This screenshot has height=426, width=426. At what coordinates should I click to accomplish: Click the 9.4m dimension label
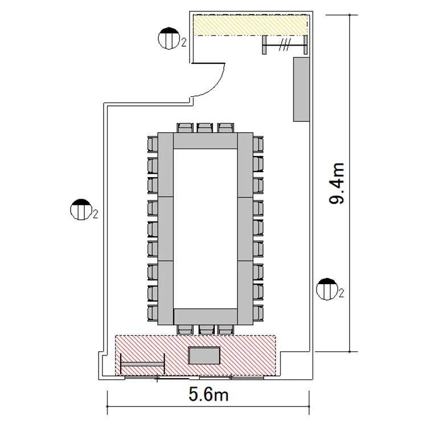pyautogui.click(x=337, y=183)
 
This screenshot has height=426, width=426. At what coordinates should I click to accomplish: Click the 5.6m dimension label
pyautogui.click(x=208, y=395)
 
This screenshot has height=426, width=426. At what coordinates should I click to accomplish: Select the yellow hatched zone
pyautogui.click(x=250, y=25)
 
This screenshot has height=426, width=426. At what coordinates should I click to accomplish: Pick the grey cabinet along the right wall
pyautogui.click(x=301, y=89)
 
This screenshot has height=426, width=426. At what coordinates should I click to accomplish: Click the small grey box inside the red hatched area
pyautogui.click(x=204, y=355)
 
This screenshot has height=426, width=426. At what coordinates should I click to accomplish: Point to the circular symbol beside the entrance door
pyautogui.click(x=169, y=38)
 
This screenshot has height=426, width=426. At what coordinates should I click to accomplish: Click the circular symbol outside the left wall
pyautogui.click(x=81, y=209)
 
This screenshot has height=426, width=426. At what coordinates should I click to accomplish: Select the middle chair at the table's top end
pyautogui.click(x=205, y=128)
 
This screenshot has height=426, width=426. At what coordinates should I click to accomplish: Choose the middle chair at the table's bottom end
pyautogui.click(x=206, y=330)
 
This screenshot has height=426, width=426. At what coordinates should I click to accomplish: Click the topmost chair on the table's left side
pyautogui.click(x=153, y=144)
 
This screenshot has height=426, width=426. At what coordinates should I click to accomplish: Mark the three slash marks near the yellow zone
pyautogui.click(x=285, y=45)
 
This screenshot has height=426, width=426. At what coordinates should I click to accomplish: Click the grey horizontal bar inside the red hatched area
pyautogui.click(x=142, y=364)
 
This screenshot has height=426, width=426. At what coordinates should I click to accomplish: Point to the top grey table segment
pyautogui.click(x=206, y=141)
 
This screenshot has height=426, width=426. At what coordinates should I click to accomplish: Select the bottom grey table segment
pyautogui.click(x=206, y=317)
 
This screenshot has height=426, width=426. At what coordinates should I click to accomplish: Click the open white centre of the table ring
pyautogui.click(x=206, y=229)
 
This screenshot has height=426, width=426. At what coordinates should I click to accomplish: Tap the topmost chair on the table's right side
pyautogui.click(x=258, y=144)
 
